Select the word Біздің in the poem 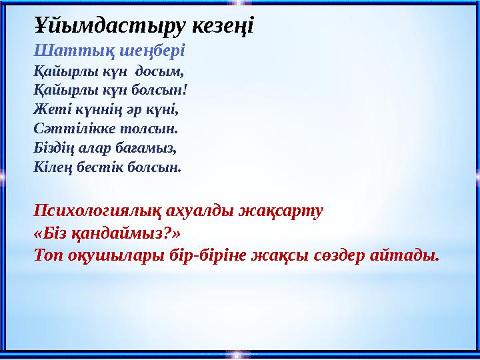pos(54,145)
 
